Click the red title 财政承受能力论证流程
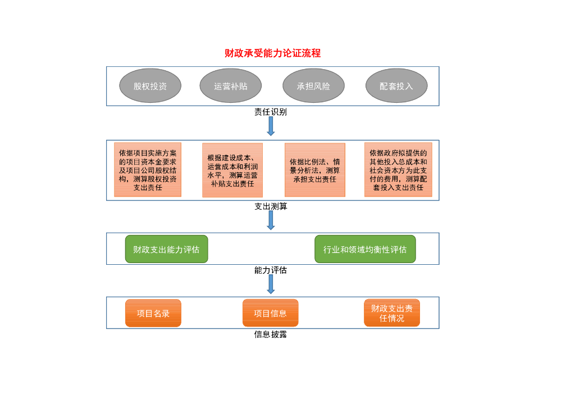(x=272, y=53)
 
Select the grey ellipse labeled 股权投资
(x=150, y=86)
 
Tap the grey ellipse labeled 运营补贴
(x=230, y=86)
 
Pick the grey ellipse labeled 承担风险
(x=313, y=86)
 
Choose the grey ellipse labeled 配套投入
(x=396, y=86)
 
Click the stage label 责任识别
(x=271, y=112)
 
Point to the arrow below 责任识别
(x=271, y=126)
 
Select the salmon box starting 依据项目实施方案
(x=148, y=170)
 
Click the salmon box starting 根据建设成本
(x=232, y=170)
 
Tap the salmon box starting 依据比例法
(x=314, y=170)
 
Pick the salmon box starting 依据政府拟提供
(x=398, y=170)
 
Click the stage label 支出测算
(x=271, y=206)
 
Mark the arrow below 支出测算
(x=271, y=220)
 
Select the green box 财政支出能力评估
(x=166, y=249)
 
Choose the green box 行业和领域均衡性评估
(x=365, y=249)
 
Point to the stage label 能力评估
(x=271, y=270)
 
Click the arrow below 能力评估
(x=271, y=284)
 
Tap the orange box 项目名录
(x=153, y=313)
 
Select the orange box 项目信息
(x=270, y=313)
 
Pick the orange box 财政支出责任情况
(x=392, y=313)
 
